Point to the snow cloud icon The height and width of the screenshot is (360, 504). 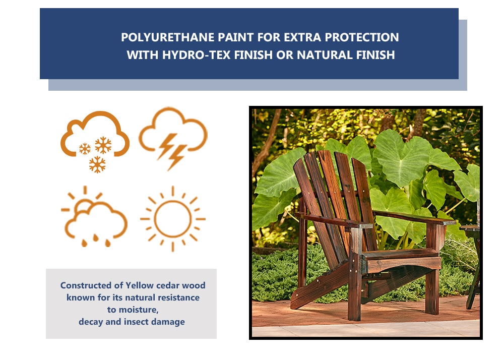(95, 142)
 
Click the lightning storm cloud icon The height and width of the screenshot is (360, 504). (173, 138)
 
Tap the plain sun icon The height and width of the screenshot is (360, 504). (172, 219)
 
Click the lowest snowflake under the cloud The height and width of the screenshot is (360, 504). (97, 164)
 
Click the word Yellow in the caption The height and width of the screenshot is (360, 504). (140, 285)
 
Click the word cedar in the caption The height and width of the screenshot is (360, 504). (168, 285)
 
